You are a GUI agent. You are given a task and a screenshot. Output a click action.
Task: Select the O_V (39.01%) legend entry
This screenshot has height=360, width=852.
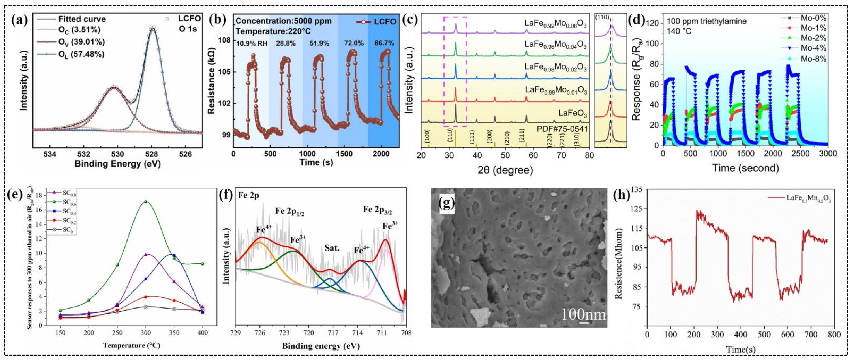pos(81,42)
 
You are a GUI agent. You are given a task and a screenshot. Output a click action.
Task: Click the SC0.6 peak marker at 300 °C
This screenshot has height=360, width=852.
pos(146,202)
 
